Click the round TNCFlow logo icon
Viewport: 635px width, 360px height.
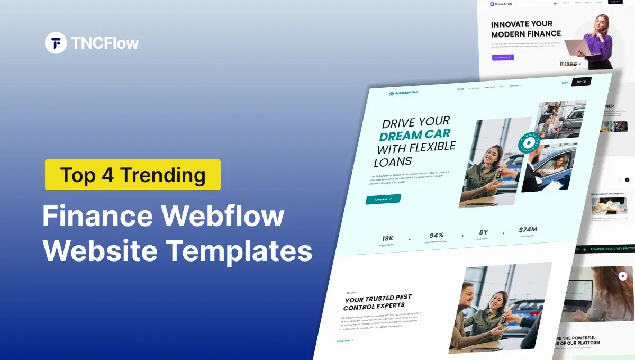[x=56, y=42]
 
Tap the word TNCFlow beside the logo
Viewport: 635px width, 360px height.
[x=104, y=43]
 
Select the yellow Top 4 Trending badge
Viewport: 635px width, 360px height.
[x=132, y=174]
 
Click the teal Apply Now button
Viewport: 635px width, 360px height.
[x=383, y=199]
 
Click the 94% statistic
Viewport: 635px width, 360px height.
[x=437, y=236]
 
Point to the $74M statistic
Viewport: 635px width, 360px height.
[x=528, y=230]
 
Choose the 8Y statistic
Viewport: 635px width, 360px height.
[x=483, y=232]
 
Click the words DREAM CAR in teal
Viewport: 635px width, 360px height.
[x=414, y=135]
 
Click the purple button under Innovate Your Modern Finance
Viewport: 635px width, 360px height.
[x=503, y=57]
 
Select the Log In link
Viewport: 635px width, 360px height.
[x=565, y=83]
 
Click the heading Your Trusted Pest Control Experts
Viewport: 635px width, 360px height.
[x=377, y=302]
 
